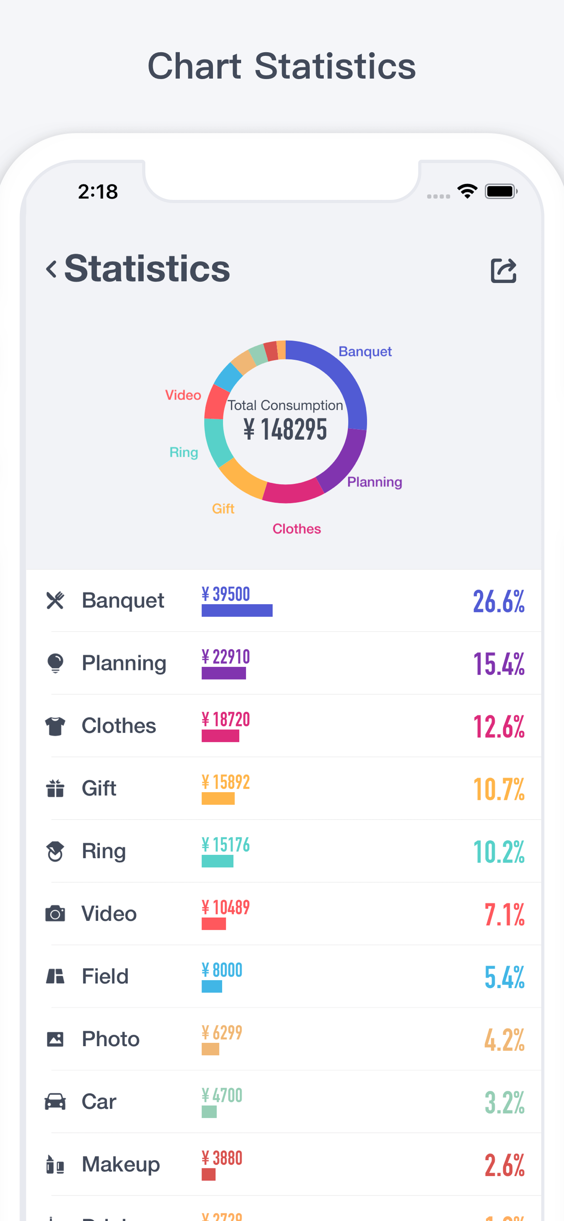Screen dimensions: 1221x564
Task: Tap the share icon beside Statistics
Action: (x=503, y=271)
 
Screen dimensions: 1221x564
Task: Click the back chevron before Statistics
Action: (x=51, y=269)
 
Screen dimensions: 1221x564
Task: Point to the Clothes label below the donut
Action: (x=297, y=528)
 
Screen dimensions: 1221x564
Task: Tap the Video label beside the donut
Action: (x=183, y=395)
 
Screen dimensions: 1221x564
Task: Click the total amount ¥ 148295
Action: (x=285, y=429)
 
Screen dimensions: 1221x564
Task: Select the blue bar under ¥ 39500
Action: (x=237, y=610)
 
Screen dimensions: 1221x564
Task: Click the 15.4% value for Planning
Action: (x=499, y=663)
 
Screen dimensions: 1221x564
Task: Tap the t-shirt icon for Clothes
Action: (x=55, y=726)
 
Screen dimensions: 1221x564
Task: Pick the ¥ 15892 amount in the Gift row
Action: (x=226, y=782)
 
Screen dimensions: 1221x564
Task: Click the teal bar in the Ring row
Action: (x=218, y=861)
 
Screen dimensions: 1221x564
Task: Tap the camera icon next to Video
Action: (x=55, y=913)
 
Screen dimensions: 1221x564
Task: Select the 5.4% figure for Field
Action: (x=504, y=977)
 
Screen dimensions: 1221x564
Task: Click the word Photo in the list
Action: (x=110, y=1038)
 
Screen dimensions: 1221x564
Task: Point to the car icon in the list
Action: (x=55, y=1101)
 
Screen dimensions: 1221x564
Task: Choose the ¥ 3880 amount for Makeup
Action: (x=222, y=1157)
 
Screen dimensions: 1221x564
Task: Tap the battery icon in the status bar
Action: (x=500, y=192)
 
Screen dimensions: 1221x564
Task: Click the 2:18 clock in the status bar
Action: (x=98, y=192)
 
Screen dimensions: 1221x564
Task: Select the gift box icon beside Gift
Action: (x=55, y=788)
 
